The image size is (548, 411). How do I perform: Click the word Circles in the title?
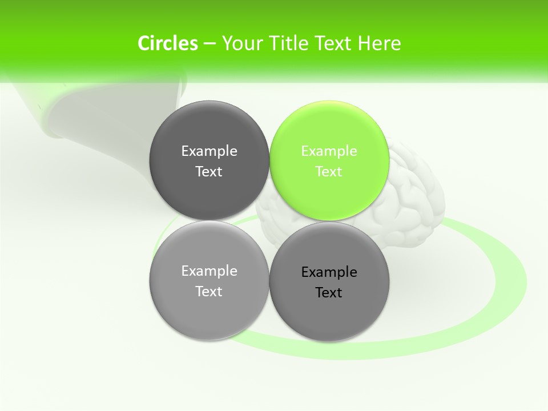pyautogui.click(x=168, y=43)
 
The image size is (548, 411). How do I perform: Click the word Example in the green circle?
pyautogui.click(x=329, y=151)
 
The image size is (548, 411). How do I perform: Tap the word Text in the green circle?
pyautogui.click(x=329, y=172)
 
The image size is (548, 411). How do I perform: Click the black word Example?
pyautogui.click(x=329, y=272)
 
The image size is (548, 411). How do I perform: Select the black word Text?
pyautogui.click(x=329, y=293)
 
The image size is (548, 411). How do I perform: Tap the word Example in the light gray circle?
pyautogui.click(x=209, y=271)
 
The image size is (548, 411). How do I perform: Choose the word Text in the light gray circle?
pyautogui.click(x=209, y=292)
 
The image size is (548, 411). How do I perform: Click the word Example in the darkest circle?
pyautogui.click(x=209, y=151)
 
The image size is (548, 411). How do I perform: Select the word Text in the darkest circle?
pyautogui.click(x=209, y=172)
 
